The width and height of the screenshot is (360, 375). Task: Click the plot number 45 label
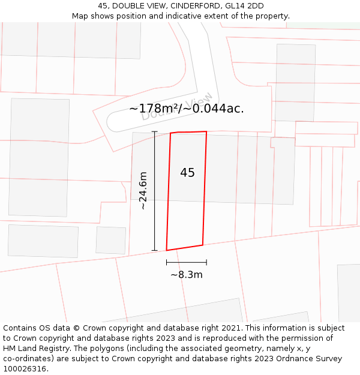coord(187,173)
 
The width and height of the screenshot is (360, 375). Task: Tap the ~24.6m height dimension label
coord(143,191)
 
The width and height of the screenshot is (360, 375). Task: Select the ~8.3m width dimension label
coord(187,275)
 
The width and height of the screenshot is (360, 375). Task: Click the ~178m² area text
coord(154,109)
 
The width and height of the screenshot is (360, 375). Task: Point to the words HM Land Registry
coord(34,338)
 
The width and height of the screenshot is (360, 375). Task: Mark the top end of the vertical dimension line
coord(155,131)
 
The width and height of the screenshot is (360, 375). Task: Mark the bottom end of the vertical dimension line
coord(155,250)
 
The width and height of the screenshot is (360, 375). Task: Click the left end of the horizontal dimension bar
coord(167,262)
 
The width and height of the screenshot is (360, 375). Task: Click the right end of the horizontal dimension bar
coord(206,262)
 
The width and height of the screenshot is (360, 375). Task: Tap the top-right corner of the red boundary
coord(206,131)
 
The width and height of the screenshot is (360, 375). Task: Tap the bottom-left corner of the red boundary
coord(166,250)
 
